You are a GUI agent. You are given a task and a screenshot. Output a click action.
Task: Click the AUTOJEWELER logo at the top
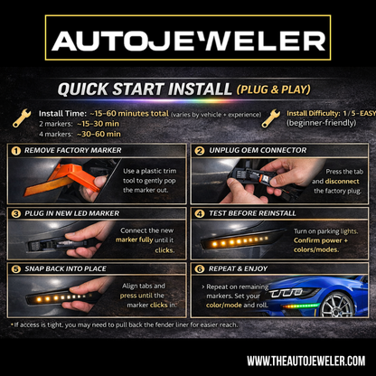[x=188, y=41]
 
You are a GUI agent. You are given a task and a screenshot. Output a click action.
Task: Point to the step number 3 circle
[x=15, y=214]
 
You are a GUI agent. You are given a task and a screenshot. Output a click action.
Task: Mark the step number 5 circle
[x=15, y=268]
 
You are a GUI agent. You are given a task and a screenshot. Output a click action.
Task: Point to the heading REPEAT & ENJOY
[x=242, y=268]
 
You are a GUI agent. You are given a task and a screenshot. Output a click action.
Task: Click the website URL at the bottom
[x=305, y=361]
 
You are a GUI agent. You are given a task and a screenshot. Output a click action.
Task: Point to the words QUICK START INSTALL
[x=144, y=90]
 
